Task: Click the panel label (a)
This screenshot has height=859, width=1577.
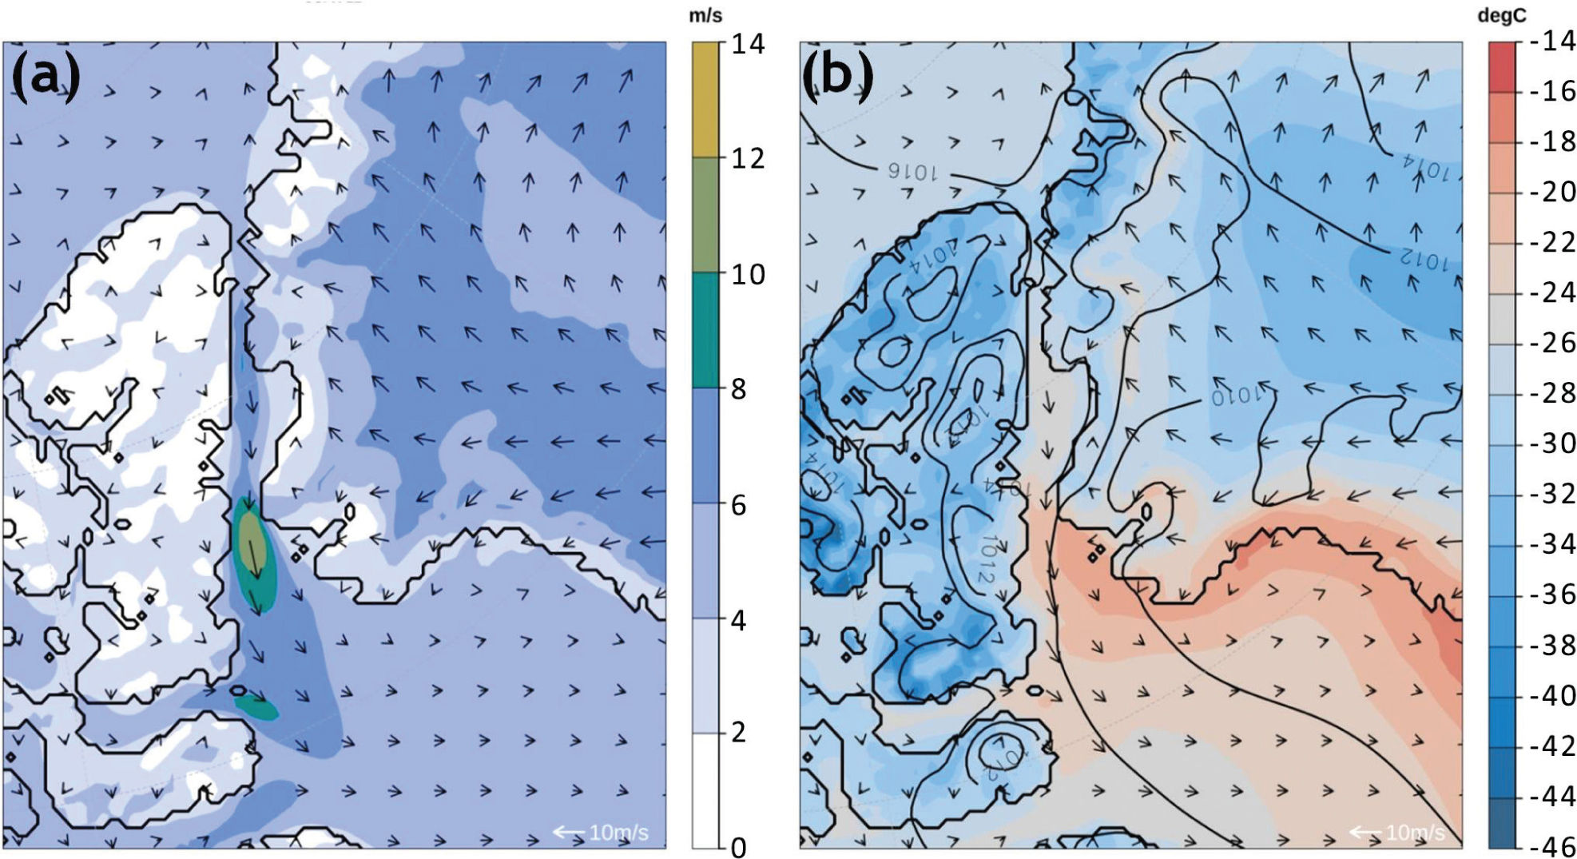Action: [46, 76]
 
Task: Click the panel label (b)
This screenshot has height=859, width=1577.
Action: [837, 76]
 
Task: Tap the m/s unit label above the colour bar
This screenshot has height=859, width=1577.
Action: [705, 16]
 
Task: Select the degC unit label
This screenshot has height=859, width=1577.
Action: [1502, 16]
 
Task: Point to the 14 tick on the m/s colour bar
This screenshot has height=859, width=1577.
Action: [748, 44]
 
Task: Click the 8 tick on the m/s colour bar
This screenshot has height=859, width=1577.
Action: [739, 389]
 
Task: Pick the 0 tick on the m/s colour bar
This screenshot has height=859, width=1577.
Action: [739, 847]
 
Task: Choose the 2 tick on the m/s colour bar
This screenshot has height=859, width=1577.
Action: [739, 732]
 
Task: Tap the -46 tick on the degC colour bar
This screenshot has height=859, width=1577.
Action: [1553, 846]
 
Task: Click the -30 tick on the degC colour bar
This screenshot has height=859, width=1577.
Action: [1553, 443]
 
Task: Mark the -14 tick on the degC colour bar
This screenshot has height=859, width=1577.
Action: [1553, 42]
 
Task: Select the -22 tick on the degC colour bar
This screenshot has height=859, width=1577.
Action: [1553, 242]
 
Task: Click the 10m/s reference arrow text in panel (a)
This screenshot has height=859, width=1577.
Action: [618, 833]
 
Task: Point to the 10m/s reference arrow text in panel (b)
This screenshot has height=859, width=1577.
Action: [1415, 833]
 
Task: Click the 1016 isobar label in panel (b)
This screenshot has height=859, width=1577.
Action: [912, 171]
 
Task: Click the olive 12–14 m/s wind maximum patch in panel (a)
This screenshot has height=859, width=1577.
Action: [251, 540]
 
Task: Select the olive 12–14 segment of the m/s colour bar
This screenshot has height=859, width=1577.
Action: [705, 100]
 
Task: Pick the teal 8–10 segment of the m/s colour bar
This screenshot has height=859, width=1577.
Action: [705, 330]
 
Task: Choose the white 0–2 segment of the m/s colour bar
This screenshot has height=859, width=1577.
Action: [705, 789]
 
